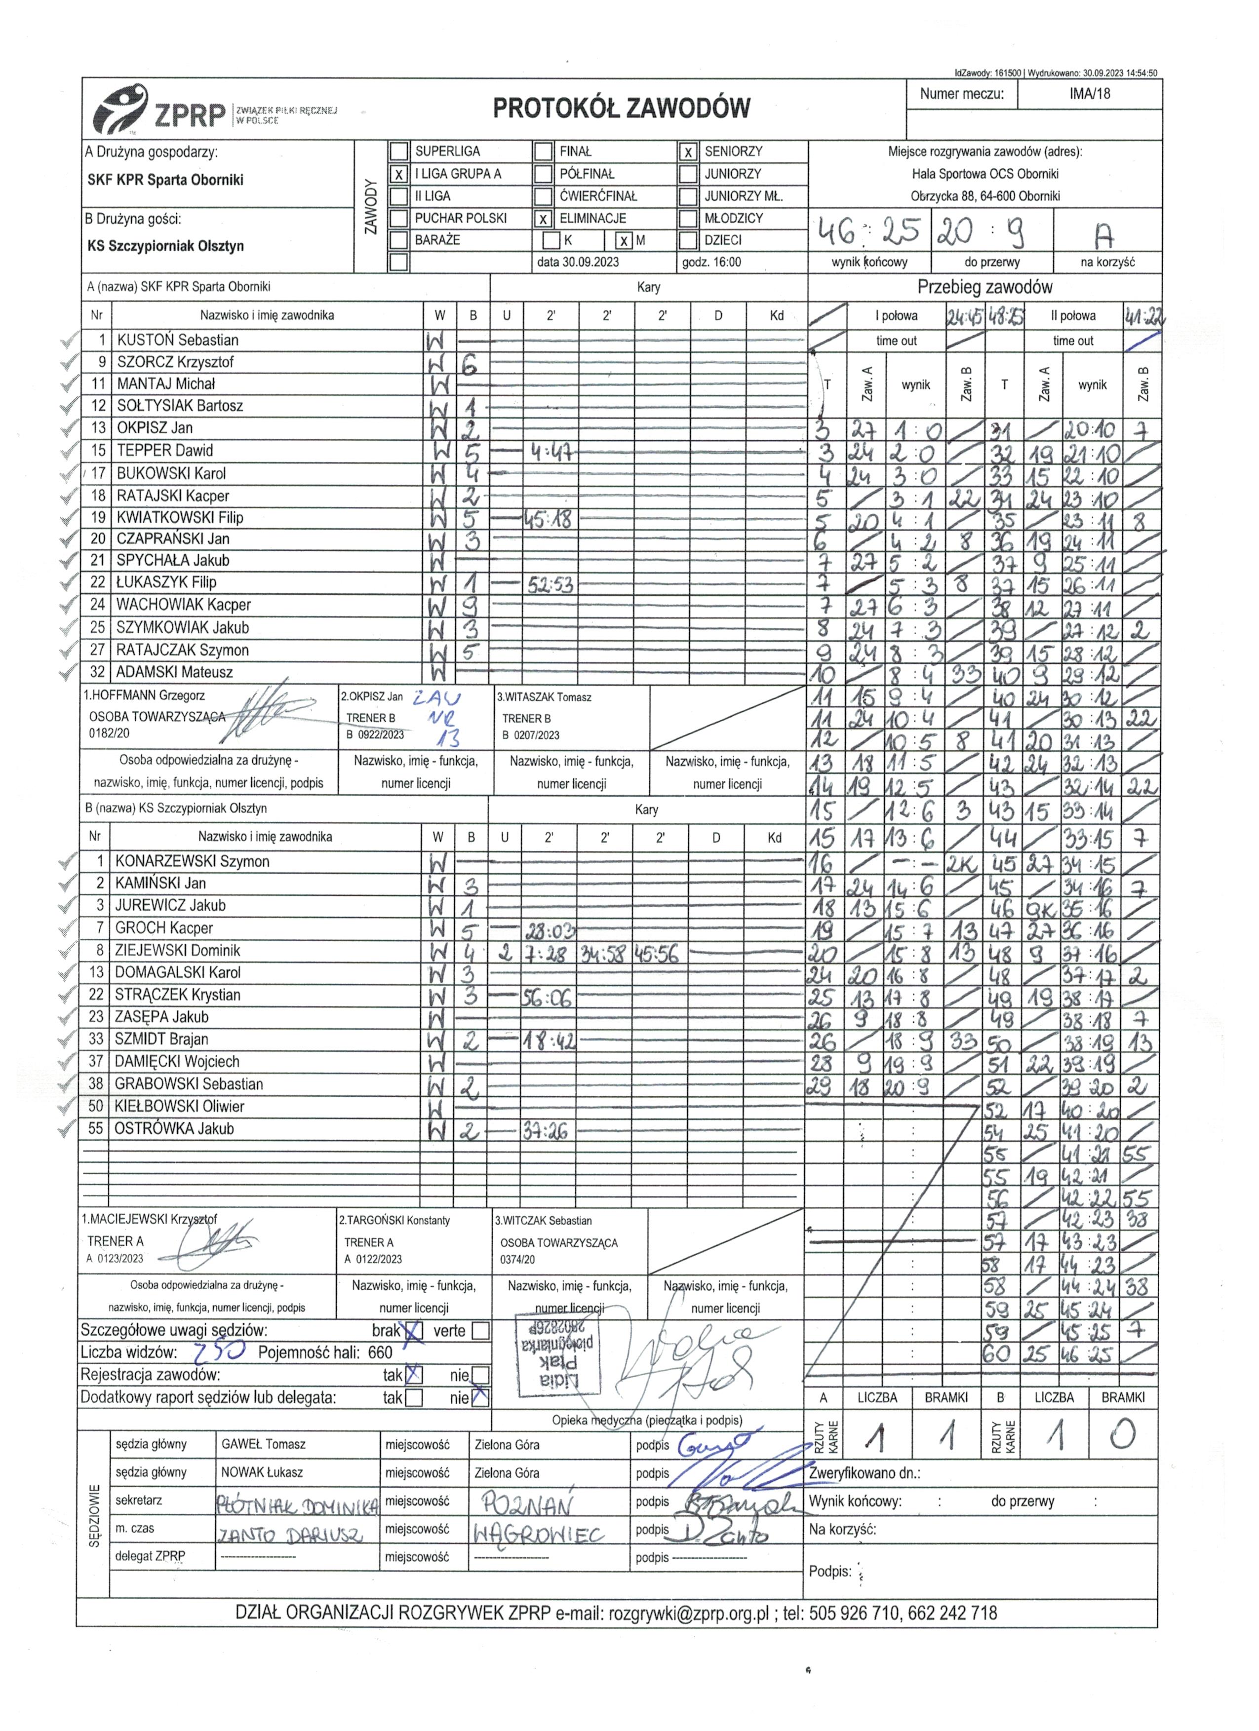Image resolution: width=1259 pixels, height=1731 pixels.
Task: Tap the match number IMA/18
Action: click(x=1090, y=94)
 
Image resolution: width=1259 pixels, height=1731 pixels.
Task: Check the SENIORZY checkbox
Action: click(x=688, y=152)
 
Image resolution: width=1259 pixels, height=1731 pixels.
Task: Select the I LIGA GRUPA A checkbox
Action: click(x=398, y=174)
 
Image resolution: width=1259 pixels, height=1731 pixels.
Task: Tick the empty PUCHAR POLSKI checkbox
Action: click(x=398, y=218)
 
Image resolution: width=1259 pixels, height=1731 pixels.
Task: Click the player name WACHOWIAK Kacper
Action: click(x=183, y=605)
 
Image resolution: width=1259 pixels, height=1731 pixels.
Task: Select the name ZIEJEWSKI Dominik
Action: click(x=177, y=950)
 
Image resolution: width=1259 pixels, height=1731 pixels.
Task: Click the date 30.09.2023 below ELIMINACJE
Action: click(x=578, y=262)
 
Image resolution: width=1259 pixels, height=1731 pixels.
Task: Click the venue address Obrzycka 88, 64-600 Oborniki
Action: click(x=985, y=196)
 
